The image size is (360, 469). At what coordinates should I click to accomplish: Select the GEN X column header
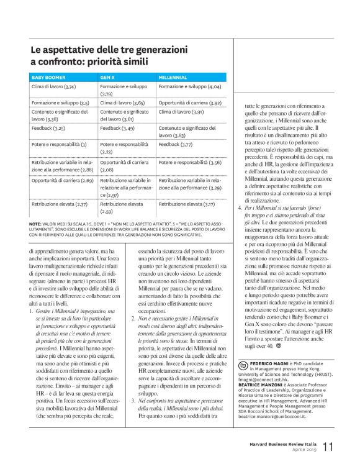(108, 77)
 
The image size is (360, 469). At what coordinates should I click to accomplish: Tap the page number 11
(328, 447)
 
